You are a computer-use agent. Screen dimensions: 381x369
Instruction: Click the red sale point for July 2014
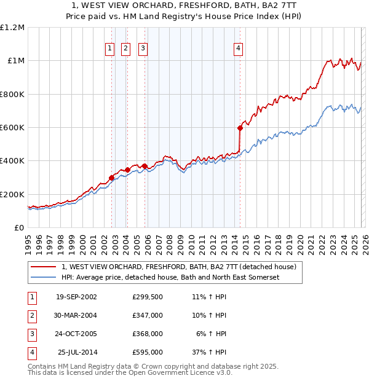tap(240, 128)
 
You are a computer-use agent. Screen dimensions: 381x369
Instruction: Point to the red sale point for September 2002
tap(112, 178)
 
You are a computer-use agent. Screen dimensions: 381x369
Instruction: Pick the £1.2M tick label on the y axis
tap(12, 28)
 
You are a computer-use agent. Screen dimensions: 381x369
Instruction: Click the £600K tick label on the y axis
tap(12, 128)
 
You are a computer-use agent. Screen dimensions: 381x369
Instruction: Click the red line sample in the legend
tap(44, 267)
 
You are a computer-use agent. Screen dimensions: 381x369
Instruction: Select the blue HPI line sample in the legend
tap(44, 278)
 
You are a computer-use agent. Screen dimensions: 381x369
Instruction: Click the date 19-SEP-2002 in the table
tap(76, 297)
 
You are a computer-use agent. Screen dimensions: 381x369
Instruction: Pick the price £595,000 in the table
tap(148, 352)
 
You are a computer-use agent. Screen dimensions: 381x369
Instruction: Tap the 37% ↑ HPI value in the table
tap(209, 352)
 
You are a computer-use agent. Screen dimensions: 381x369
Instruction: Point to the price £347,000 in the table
tap(148, 315)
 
